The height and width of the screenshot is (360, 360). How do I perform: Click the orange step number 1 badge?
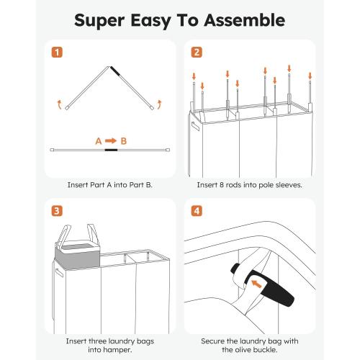coord(57,53)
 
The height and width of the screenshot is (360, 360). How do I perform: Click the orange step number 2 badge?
coord(197,53)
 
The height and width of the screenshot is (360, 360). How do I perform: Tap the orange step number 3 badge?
coord(57,211)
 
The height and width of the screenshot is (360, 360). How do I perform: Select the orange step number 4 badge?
coord(197,211)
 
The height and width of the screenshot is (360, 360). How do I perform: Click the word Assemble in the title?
coord(245,20)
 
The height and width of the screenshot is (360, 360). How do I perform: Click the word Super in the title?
coord(99,21)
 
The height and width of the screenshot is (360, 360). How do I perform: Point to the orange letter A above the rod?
coord(99,141)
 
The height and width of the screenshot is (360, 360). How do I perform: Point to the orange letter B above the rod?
coord(123,141)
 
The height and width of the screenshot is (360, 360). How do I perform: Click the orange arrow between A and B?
coord(111,140)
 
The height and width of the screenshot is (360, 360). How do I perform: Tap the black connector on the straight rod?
coord(111,150)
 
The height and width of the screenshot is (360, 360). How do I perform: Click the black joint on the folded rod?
coord(115,71)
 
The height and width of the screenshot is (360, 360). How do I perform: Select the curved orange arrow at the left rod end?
coord(60,105)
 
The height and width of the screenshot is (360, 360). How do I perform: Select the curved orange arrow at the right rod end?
coord(159,105)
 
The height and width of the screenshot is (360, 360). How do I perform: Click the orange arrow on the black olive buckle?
coord(256,284)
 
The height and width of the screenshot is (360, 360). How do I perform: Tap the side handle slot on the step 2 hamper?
coord(195,126)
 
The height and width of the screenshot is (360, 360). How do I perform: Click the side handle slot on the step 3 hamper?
coord(59,273)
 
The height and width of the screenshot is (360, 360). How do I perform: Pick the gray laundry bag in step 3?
coord(77,256)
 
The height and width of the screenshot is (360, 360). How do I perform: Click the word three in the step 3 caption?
coord(98,341)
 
